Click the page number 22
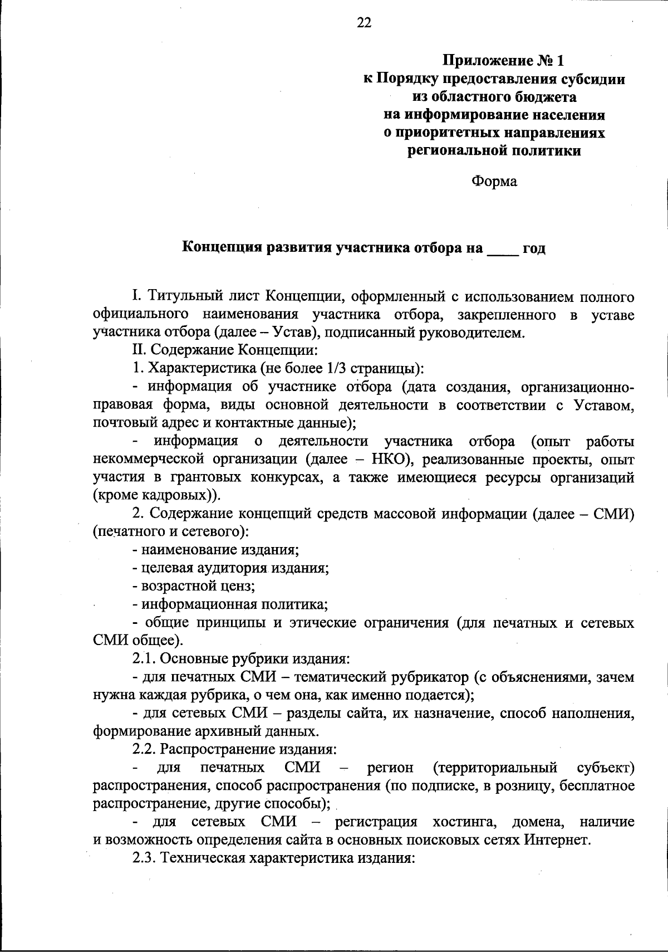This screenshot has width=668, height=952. (363, 23)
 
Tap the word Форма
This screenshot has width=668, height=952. (494, 182)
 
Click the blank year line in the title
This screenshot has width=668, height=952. (503, 249)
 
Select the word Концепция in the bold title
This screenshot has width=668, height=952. (219, 248)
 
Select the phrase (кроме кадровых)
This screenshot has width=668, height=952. (156, 496)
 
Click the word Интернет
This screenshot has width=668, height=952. (556, 840)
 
